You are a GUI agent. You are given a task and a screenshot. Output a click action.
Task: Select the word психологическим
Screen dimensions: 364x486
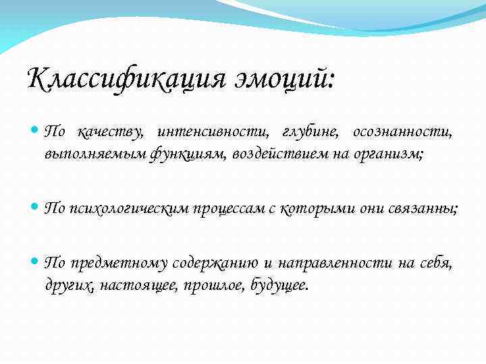coord(128,209)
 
